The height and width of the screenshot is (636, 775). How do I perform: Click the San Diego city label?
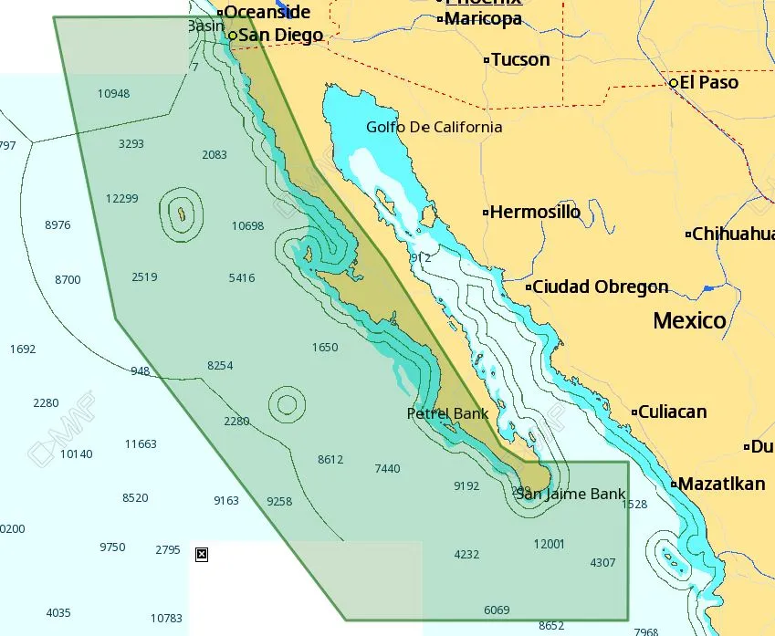click(x=280, y=36)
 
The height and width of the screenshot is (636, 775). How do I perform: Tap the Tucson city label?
click(x=520, y=60)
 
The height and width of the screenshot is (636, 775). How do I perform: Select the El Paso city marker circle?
click(x=674, y=83)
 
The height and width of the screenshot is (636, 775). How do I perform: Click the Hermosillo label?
click(x=535, y=213)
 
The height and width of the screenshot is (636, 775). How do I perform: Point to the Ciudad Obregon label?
click(x=600, y=287)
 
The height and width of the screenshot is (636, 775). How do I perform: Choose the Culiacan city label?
click(x=672, y=412)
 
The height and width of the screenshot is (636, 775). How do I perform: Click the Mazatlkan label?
click(x=722, y=485)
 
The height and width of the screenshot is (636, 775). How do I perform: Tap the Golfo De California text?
click(x=434, y=127)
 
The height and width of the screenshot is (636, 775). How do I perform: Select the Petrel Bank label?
click(x=447, y=414)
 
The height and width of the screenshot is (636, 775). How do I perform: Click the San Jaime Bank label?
click(x=571, y=495)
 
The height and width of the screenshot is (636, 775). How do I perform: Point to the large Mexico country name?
click(x=689, y=320)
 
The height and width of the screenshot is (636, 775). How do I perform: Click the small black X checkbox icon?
click(x=202, y=554)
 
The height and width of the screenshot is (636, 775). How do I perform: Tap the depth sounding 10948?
click(x=113, y=94)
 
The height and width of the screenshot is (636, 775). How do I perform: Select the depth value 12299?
click(x=121, y=199)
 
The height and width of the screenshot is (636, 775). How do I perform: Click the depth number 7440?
click(x=387, y=469)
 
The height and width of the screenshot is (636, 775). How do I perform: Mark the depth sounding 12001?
click(x=549, y=545)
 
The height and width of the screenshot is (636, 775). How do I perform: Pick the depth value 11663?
click(x=141, y=444)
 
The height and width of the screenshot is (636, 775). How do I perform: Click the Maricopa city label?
click(x=484, y=19)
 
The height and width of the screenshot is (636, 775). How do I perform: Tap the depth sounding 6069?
click(x=497, y=610)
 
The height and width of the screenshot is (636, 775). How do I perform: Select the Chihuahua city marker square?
click(x=688, y=235)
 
